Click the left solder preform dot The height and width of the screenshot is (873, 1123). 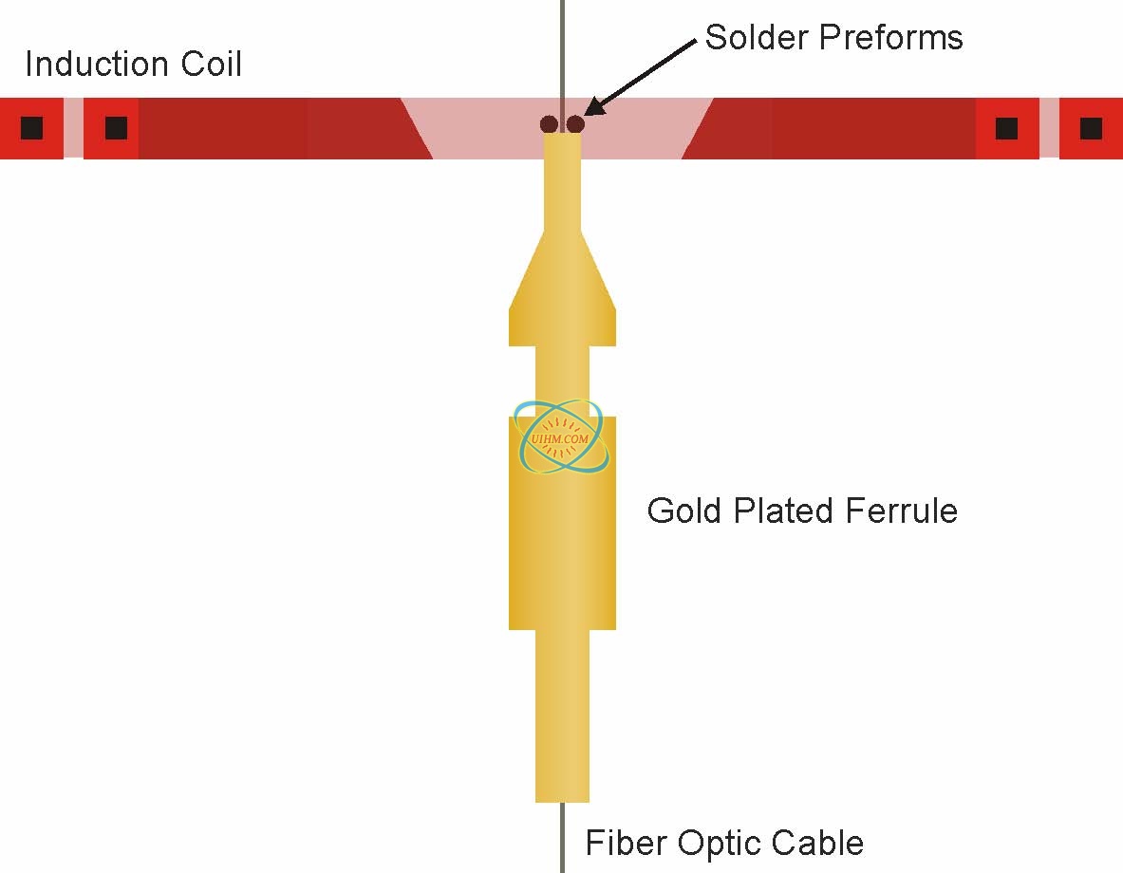[x=549, y=124]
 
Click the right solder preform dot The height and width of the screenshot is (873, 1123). [x=575, y=124]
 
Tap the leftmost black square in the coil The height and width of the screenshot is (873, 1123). [x=31, y=127]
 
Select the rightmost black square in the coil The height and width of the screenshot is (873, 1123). [x=1091, y=127]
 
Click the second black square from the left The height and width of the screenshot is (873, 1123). [x=116, y=127]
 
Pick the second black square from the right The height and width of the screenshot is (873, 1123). [x=1006, y=127]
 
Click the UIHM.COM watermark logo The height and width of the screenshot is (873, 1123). [x=562, y=436]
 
